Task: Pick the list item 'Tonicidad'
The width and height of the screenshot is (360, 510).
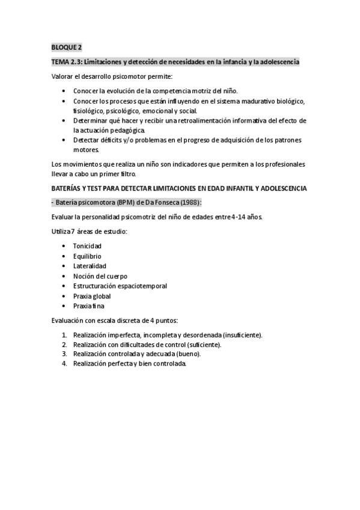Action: tap(87, 247)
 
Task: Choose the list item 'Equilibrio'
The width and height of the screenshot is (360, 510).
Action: tap(87, 256)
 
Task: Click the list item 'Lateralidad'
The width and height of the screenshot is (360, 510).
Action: tap(90, 266)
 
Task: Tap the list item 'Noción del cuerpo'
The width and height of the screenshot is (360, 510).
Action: tap(100, 276)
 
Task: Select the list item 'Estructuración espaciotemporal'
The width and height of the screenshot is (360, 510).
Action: tap(120, 286)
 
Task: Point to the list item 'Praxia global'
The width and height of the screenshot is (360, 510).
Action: tap(92, 296)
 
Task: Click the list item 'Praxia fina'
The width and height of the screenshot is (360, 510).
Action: tap(89, 306)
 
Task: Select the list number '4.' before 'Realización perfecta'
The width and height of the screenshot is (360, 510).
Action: tap(64, 364)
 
